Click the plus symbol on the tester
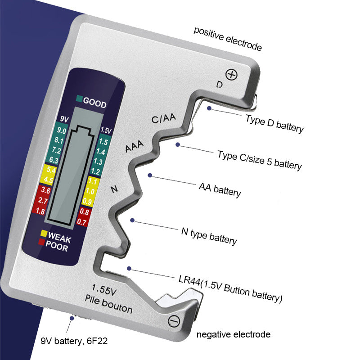pyautogui.click(x=231, y=74)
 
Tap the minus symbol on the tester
pyautogui.click(x=173, y=321)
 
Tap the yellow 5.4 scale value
pyautogui.click(x=51, y=171)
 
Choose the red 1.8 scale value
pyautogui.click(x=40, y=211)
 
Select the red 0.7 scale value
pyautogui.click(x=82, y=221)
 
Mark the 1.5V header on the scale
pyautogui.click(x=106, y=130)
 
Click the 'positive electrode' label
pyautogui.click(x=227, y=39)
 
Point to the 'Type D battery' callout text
pyautogui.click(x=274, y=123)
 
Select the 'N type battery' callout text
pyautogui.click(x=209, y=236)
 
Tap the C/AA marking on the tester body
pyautogui.click(x=163, y=119)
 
